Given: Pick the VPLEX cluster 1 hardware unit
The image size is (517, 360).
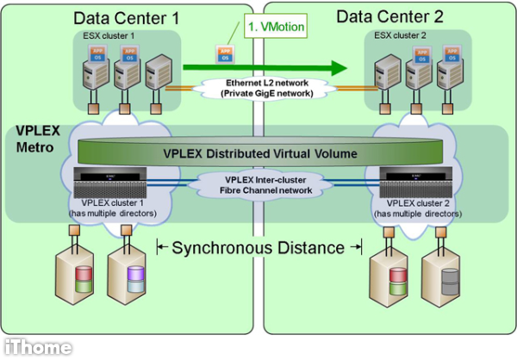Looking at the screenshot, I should click(115, 183).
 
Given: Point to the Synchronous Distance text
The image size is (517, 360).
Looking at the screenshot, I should click(258, 248).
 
